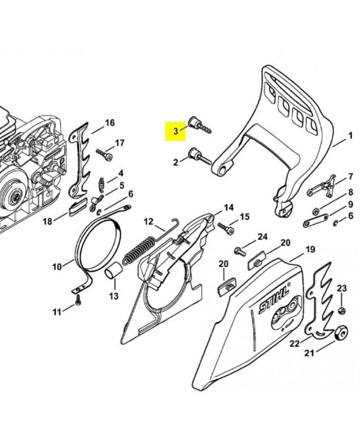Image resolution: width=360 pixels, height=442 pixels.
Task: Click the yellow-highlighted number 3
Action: click(x=176, y=131)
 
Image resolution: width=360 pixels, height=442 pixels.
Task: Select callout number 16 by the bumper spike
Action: click(x=109, y=123)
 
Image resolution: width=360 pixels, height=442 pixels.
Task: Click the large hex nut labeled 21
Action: click(x=341, y=334)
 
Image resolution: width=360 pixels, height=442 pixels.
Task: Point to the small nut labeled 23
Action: click(x=341, y=311)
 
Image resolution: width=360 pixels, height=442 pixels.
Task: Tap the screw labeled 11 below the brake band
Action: click(x=78, y=300)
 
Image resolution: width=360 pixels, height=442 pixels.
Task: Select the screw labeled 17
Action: click(x=104, y=155)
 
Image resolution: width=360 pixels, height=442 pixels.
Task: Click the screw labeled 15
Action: click(x=226, y=228)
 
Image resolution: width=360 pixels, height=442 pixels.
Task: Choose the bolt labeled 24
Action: click(x=240, y=251)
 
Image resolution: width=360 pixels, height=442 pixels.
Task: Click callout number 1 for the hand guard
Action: click(x=350, y=136)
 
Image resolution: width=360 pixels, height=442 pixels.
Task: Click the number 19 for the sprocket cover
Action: click(x=310, y=250)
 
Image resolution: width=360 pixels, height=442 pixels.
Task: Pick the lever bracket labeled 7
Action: click(x=322, y=187)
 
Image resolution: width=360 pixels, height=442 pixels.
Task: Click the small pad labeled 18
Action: click(x=77, y=207)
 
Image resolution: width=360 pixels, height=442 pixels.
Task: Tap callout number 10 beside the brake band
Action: click(x=57, y=267)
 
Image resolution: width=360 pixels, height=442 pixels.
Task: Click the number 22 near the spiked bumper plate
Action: click(x=295, y=344)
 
